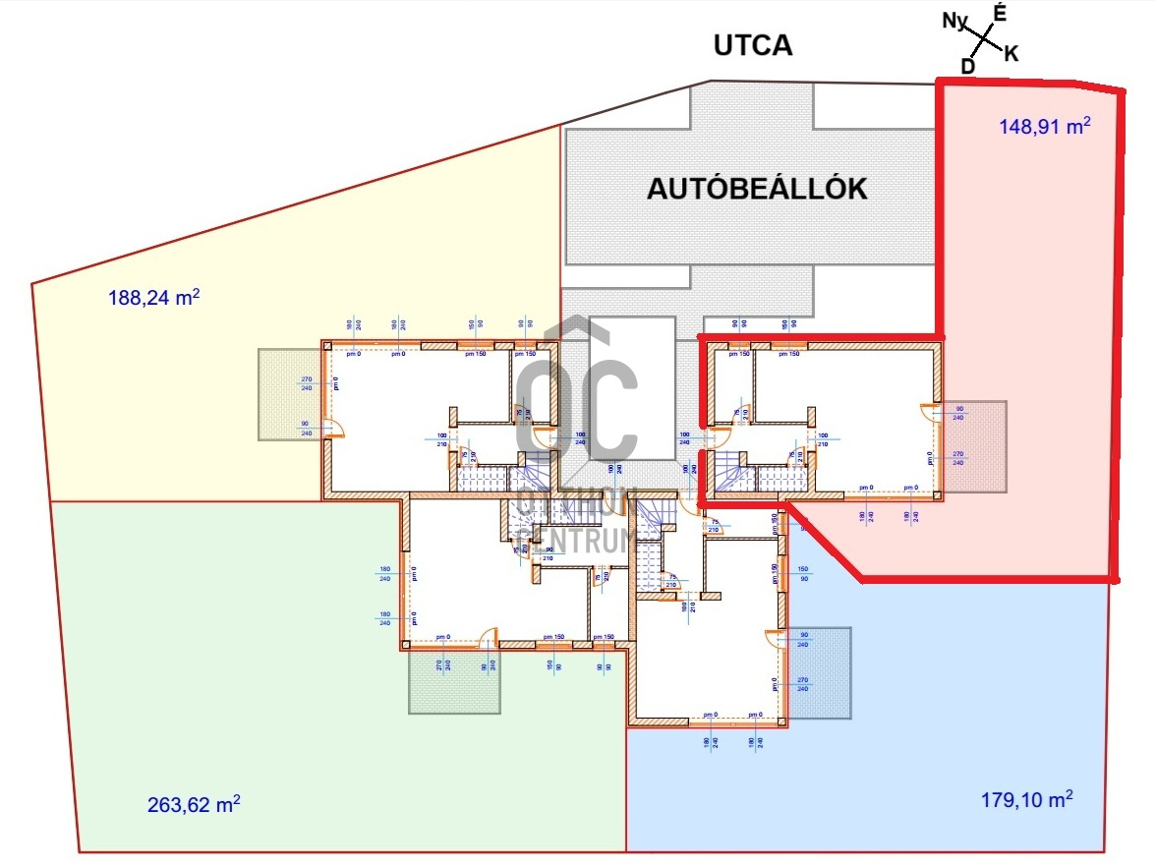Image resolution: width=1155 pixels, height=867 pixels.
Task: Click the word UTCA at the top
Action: (x=753, y=45)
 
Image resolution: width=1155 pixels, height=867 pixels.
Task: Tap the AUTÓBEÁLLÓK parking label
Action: (x=757, y=190)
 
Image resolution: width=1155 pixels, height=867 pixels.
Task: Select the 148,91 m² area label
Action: (x=1045, y=126)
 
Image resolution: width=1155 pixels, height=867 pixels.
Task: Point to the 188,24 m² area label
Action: (x=154, y=297)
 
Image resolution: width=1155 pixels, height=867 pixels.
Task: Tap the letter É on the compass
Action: (x=1001, y=13)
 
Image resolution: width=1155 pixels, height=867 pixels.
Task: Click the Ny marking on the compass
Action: (x=955, y=21)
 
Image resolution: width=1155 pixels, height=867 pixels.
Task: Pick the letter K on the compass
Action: (x=1011, y=54)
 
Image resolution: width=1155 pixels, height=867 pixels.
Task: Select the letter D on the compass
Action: (x=968, y=66)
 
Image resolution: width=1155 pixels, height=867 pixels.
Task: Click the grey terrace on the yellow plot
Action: (x=290, y=394)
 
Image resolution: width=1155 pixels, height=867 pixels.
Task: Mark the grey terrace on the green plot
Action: (x=454, y=681)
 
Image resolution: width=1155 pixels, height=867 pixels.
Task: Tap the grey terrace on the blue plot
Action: (x=819, y=672)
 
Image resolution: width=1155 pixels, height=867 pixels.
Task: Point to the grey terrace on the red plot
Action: (x=974, y=447)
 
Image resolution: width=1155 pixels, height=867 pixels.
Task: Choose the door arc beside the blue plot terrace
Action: (x=777, y=640)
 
